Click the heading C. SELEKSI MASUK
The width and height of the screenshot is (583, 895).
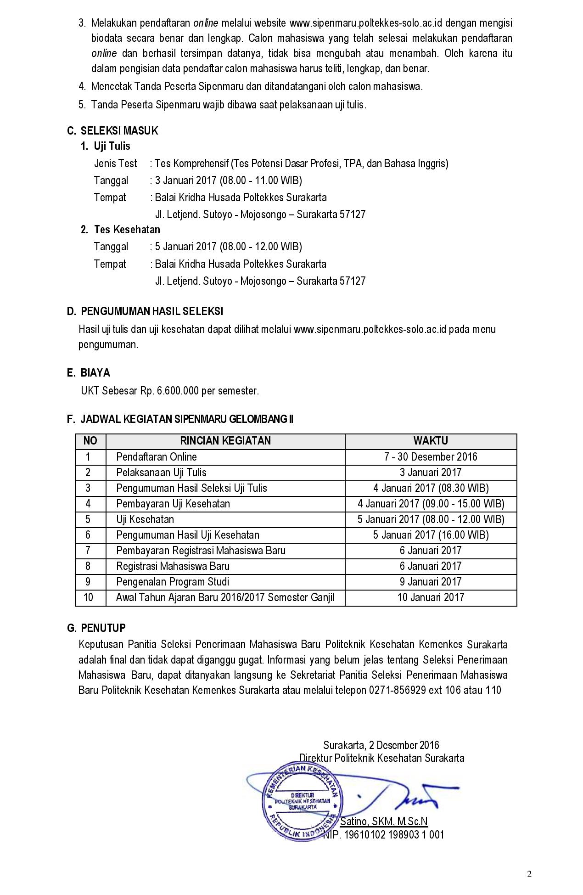point(112,131)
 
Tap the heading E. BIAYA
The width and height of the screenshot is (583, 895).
point(89,373)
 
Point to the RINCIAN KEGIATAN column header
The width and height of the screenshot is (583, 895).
point(225,441)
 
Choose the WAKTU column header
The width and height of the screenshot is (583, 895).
point(430,441)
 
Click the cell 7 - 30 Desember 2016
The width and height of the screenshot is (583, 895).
point(430,457)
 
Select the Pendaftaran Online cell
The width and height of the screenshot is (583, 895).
point(156,457)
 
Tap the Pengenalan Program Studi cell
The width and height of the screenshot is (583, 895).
point(172,582)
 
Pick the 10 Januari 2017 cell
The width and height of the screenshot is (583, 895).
point(430,597)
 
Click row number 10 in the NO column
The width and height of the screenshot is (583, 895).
point(88,597)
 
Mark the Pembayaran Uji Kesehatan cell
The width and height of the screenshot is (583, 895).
point(173,504)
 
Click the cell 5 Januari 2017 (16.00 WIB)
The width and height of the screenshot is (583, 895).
point(430,535)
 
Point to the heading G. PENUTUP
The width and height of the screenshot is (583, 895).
point(96,628)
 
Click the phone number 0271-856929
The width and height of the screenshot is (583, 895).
point(397,690)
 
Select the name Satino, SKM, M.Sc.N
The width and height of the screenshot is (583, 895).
point(384,821)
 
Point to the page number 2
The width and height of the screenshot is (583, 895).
point(529,874)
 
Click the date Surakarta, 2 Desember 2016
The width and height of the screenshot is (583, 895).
point(381,745)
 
